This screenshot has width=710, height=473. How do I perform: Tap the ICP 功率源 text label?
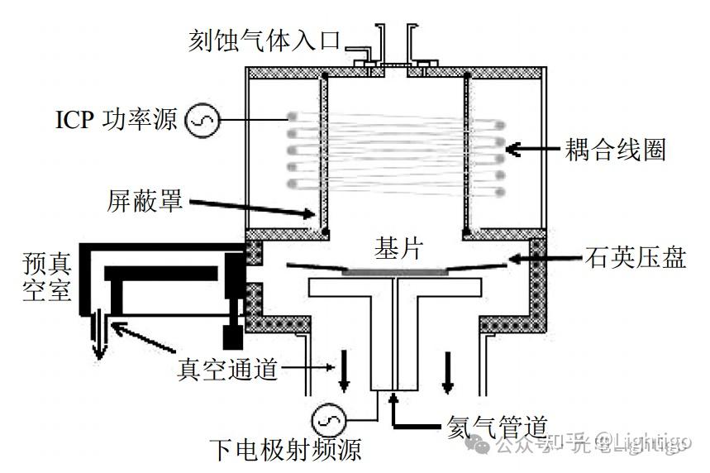pyautogui.click(x=117, y=121)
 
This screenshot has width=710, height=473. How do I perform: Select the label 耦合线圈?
pyautogui.click(x=616, y=150)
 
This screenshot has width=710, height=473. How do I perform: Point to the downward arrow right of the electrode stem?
pyautogui.click(x=449, y=373)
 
